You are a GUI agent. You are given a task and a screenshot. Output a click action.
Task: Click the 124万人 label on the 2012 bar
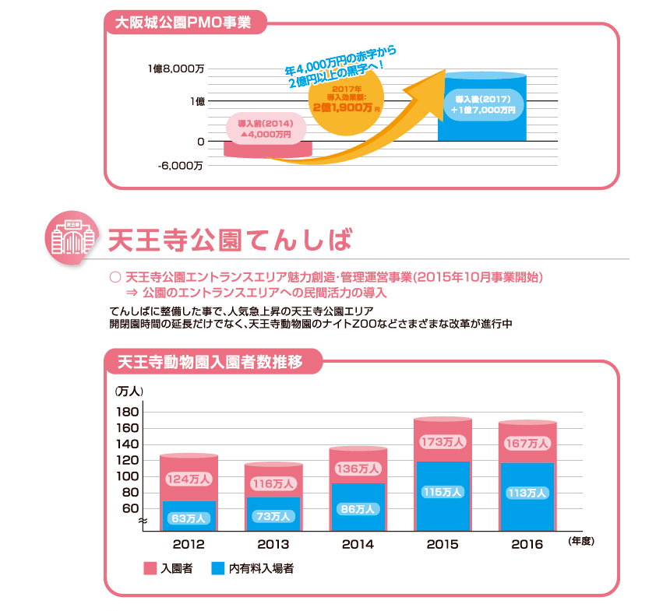pos(188,479)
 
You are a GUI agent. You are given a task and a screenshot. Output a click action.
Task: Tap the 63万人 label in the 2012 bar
pos(188,518)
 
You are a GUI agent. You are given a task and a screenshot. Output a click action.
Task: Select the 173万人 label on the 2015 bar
pos(442,442)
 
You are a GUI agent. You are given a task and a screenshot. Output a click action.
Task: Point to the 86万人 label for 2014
pos(358,509)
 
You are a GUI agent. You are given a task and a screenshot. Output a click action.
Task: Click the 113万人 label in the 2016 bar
pos(527,493)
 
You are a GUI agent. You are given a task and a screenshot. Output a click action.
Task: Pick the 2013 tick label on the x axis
pos(273,544)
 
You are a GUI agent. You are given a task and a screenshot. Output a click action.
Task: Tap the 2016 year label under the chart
pos(527,544)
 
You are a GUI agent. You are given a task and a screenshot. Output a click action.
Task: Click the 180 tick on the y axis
pos(128,412)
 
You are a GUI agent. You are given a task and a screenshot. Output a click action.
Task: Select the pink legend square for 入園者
pos(150,569)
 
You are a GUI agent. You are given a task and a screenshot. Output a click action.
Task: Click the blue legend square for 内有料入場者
pos(218,569)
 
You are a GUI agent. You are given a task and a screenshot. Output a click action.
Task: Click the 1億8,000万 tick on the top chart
pos(177,69)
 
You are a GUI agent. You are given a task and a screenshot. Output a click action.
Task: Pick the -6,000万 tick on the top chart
pos(181,165)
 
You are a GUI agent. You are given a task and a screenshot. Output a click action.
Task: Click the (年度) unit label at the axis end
pos(581,539)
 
